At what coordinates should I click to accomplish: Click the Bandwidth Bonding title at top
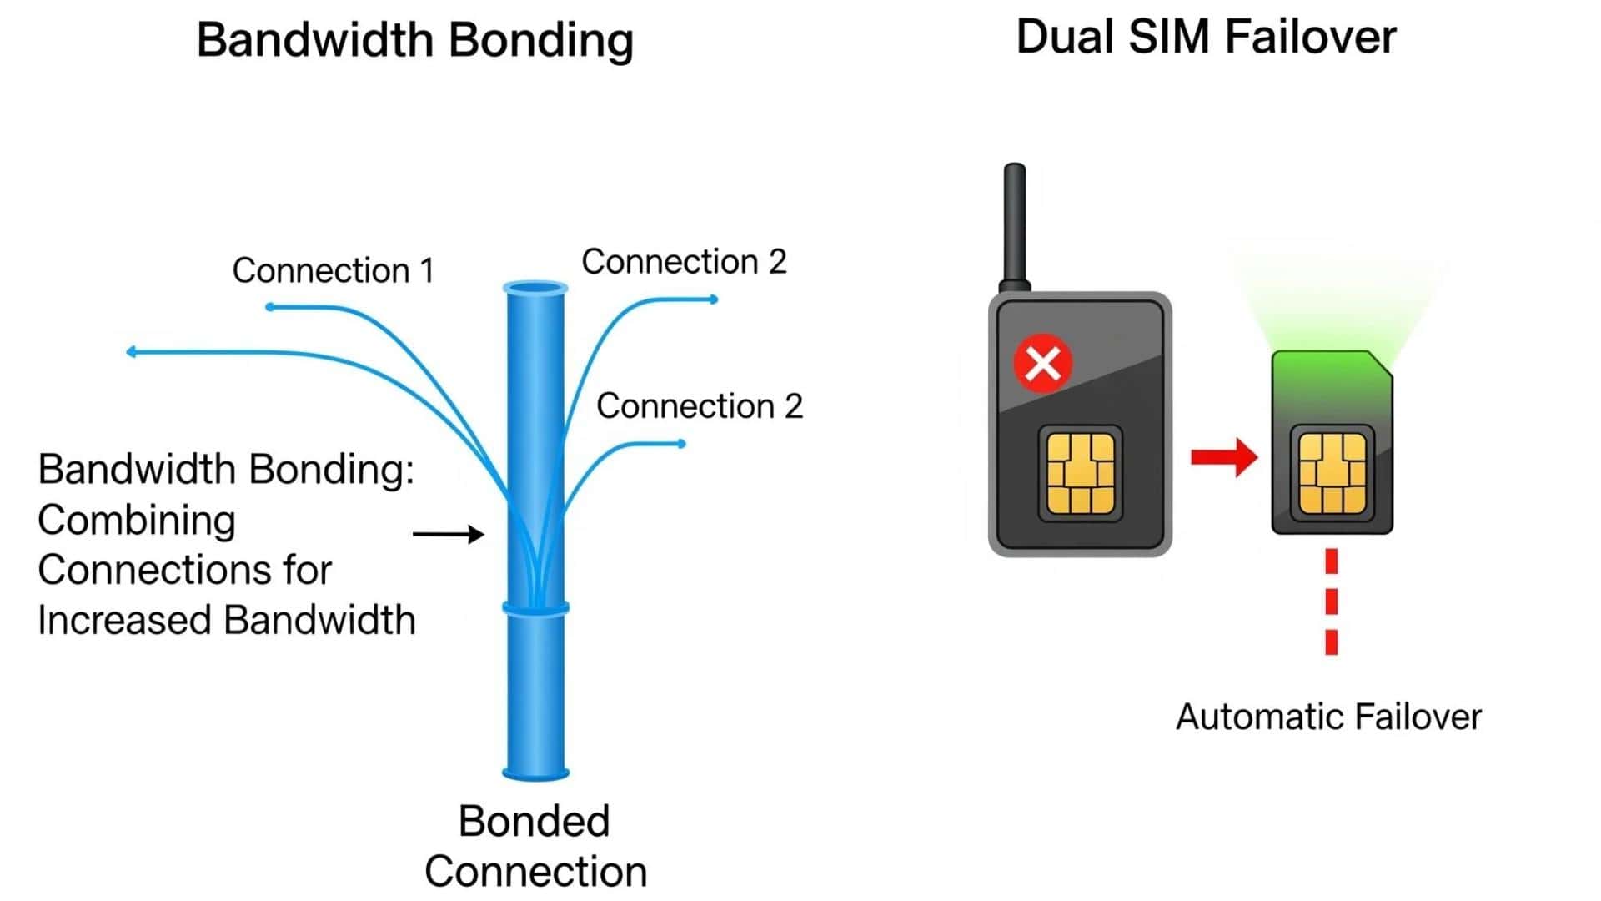click(x=414, y=40)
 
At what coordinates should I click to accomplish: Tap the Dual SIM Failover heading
click(x=1205, y=38)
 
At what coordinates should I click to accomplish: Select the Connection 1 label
click(x=333, y=271)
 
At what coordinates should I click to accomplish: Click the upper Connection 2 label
click(x=684, y=262)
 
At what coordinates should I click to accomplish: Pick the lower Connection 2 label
click(x=699, y=406)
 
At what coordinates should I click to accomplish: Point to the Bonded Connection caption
click(x=535, y=846)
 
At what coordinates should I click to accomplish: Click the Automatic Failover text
click(x=1327, y=717)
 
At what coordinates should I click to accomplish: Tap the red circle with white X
click(x=1042, y=363)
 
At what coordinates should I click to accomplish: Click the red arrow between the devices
click(x=1223, y=456)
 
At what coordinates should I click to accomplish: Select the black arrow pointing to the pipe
click(x=449, y=534)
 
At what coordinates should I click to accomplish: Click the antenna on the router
click(x=1015, y=225)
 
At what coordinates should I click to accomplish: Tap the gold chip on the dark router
click(x=1080, y=473)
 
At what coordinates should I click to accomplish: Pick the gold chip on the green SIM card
click(x=1332, y=473)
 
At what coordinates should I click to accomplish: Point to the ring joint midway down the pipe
click(x=535, y=608)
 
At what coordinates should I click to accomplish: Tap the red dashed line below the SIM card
click(x=1331, y=601)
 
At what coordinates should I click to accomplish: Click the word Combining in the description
click(x=137, y=521)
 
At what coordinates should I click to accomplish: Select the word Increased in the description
click(x=126, y=621)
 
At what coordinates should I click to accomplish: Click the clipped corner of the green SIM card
click(x=1380, y=364)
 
